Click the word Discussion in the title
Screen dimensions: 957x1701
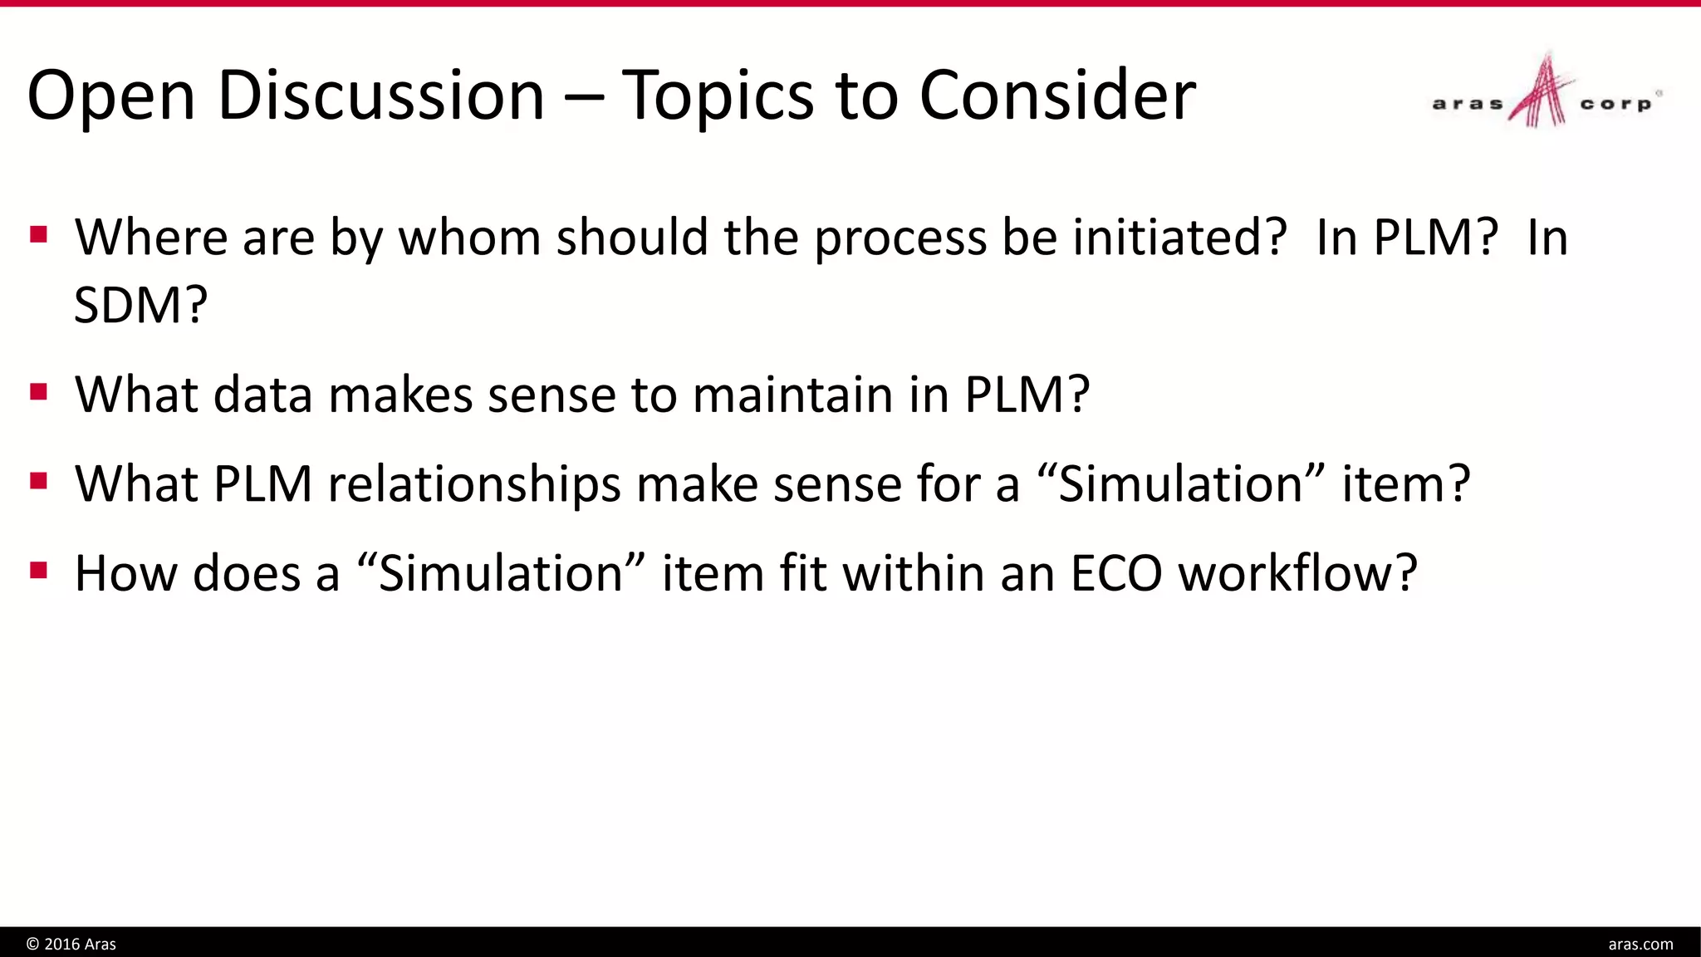pyautogui.click(x=380, y=96)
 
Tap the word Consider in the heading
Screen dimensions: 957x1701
pyautogui.click(x=1057, y=96)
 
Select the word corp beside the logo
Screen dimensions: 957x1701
pyautogui.click(x=1615, y=104)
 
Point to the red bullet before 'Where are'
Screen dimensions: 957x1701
pyautogui.click(x=38, y=234)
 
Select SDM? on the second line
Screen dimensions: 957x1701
pyautogui.click(x=140, y=305)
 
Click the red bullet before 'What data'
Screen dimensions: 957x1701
pyautogui.click(x=38, y=391)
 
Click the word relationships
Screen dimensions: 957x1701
pyautogui.click(x=474, y=483)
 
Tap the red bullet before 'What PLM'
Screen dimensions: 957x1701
pyautogui.click(x=38, y=481)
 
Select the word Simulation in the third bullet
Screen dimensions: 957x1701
pyautogui.click(x=1180, y=483)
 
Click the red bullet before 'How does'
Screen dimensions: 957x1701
pyautogui.click(x=38, y=571)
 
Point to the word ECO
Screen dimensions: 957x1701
pyautogui.click(x=1115, y=573)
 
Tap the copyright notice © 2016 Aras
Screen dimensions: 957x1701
pyautogui.click(x=71, y=944)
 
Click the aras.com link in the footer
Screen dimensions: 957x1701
pyautogui.click(x=1640, y=944)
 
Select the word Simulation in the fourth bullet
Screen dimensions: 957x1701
pyautogui.click(x=500, y=573)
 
